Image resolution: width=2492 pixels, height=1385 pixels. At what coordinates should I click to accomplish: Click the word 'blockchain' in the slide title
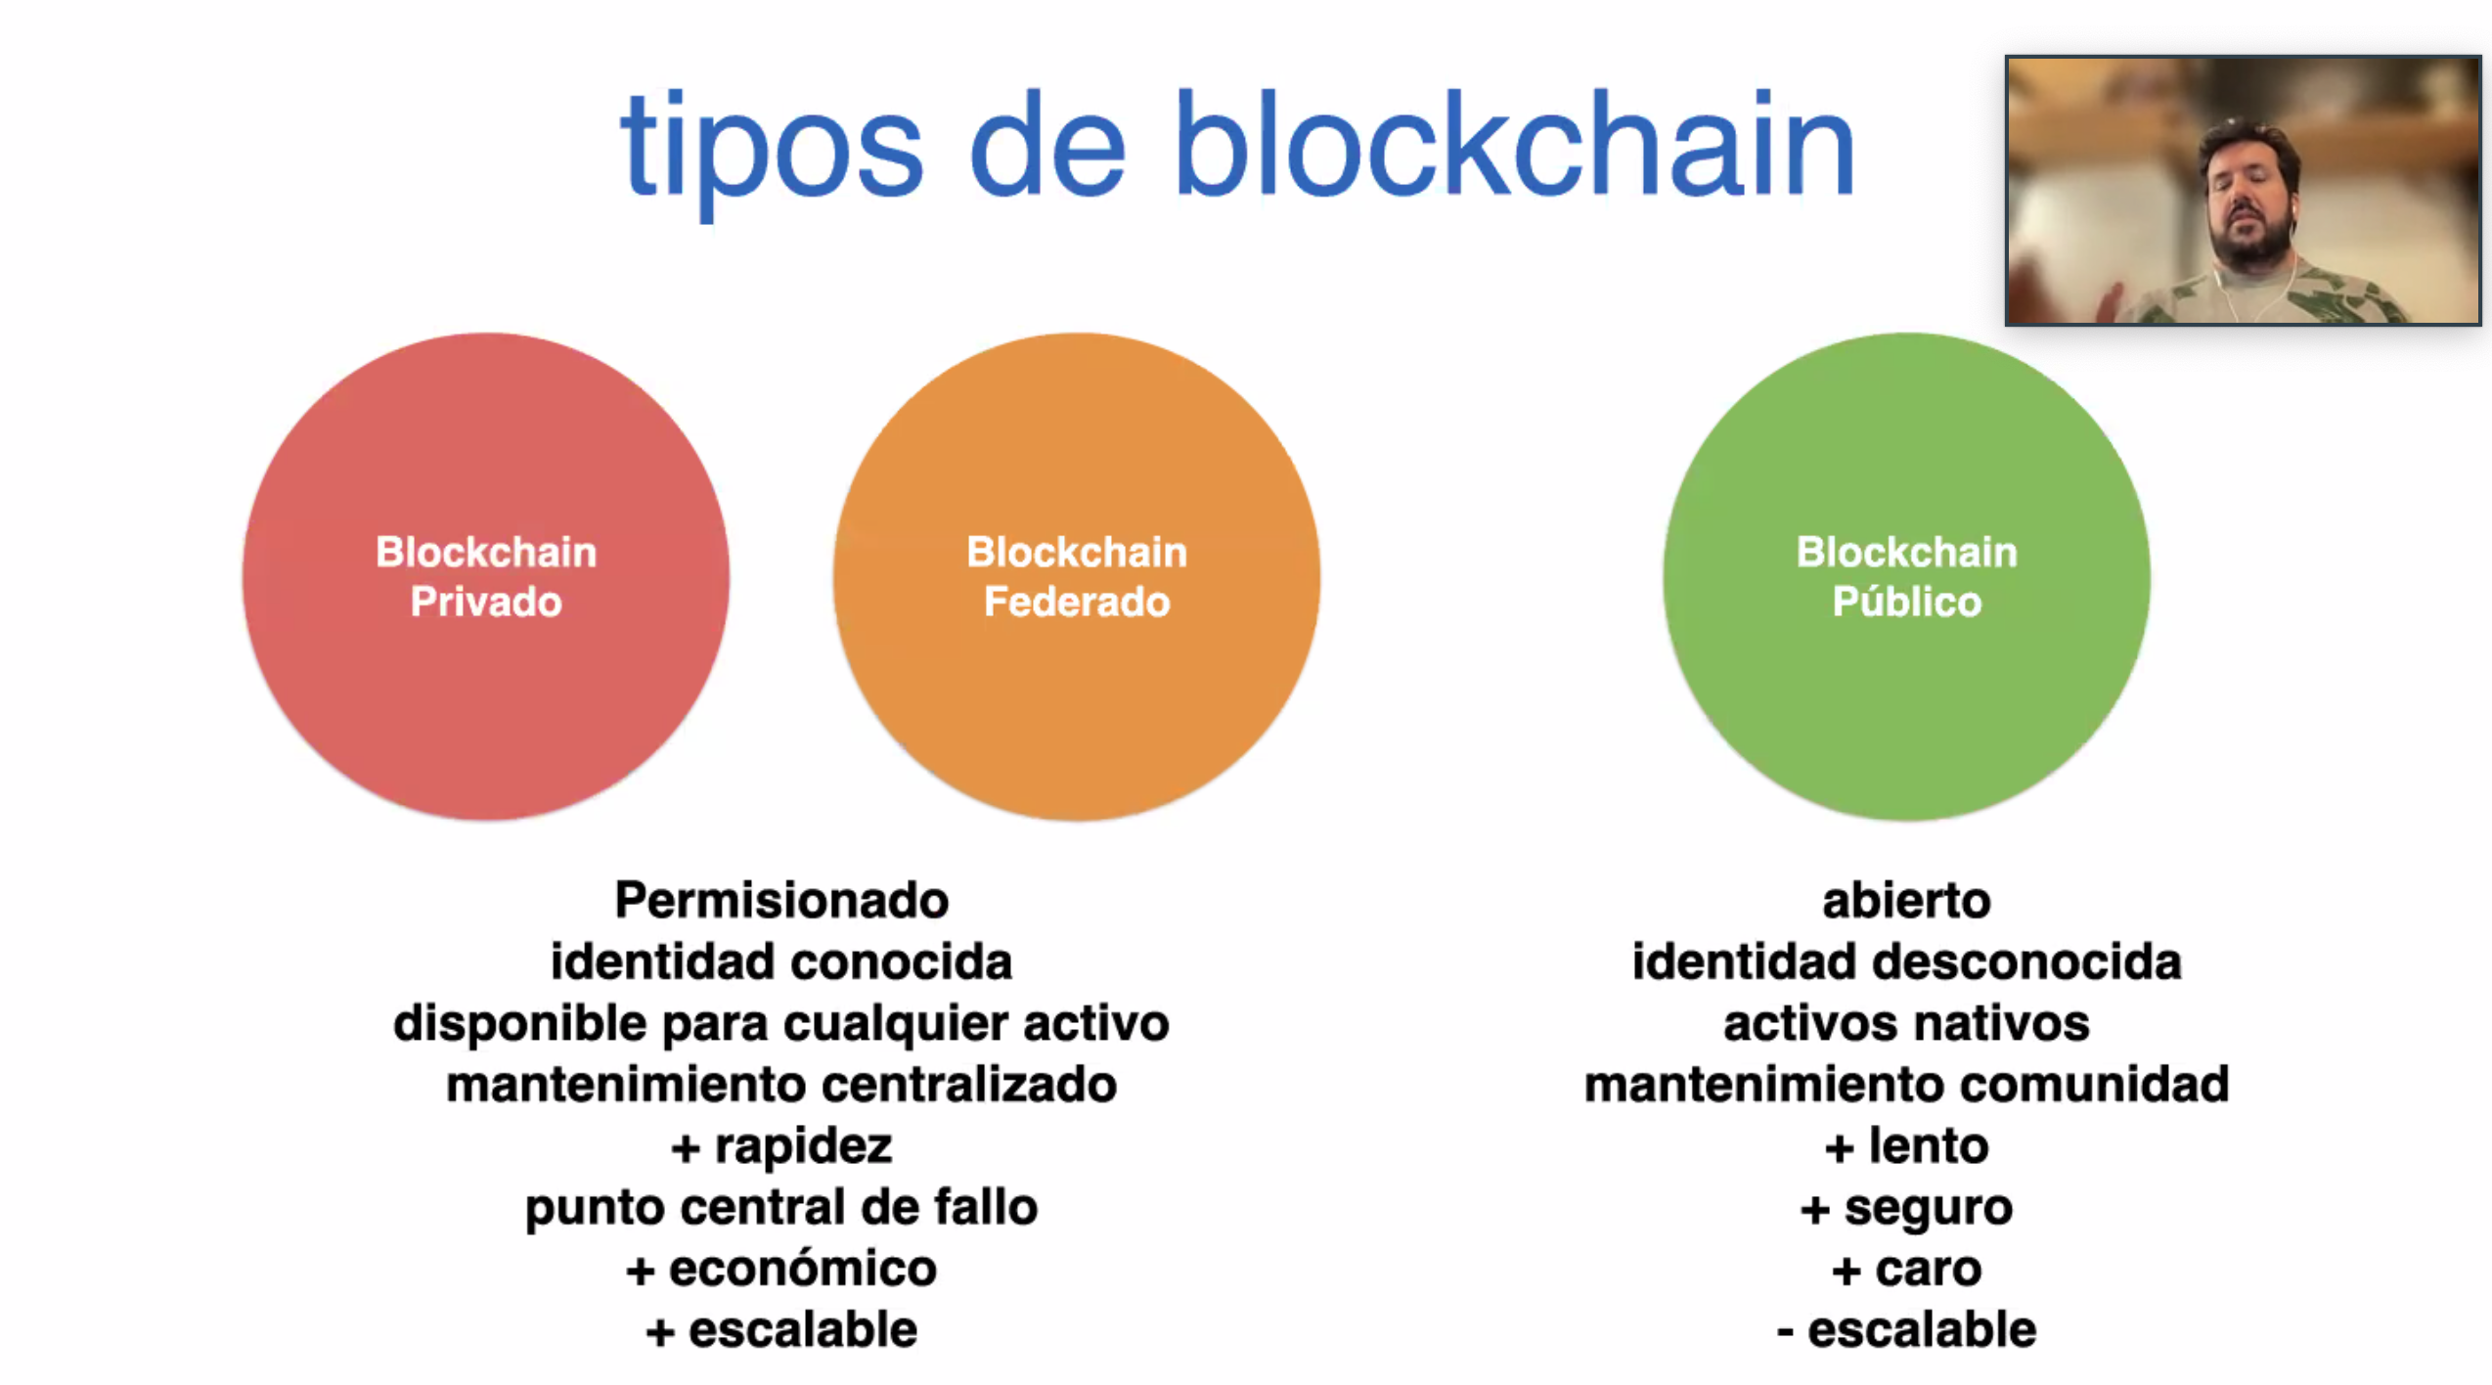click(1514, 143)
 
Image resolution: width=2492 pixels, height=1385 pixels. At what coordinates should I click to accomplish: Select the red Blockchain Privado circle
click(486, 576)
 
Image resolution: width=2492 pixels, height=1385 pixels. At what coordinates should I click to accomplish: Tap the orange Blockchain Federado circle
click(1077, 576)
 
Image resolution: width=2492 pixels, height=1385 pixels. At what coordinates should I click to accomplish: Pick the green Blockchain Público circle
click(1906, 576)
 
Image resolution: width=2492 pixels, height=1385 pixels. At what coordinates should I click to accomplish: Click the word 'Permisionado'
click(781, 900)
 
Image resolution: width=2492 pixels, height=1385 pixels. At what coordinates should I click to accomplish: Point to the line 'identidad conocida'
click(781, 961)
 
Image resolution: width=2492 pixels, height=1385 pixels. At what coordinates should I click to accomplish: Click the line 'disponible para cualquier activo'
click(781, 1024)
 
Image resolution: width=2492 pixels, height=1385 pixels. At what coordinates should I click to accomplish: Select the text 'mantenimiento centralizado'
click(781, 1085)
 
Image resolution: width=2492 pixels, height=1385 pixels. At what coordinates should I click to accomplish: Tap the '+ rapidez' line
click(781, 1146)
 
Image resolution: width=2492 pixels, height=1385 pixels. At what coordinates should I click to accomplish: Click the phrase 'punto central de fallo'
click(781, 1208)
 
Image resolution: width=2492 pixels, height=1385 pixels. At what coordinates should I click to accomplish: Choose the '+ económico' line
click(781, 1269)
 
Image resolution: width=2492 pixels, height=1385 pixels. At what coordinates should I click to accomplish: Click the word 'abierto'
click(1906, 900)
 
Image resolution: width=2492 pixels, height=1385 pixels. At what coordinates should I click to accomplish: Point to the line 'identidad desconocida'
click(1906, 961)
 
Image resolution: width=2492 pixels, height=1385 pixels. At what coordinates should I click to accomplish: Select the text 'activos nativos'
click(1906, 1024)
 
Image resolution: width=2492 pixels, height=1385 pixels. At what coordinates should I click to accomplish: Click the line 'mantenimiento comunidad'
click(1906, 1085)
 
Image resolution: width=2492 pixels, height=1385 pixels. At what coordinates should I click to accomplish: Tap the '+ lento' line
click(1906, 1146)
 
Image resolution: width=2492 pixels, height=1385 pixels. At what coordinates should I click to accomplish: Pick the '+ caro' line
click(1906, 1270)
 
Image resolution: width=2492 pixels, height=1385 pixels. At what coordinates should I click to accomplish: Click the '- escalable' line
click(1906, 1330)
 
